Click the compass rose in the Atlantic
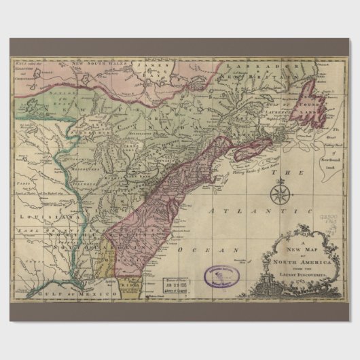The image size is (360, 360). (x=278, y=194)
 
